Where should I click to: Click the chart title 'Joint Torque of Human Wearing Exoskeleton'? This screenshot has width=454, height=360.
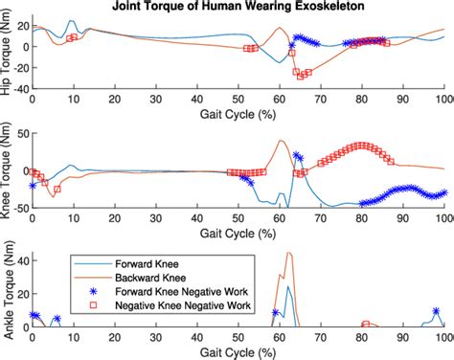pos(238,7)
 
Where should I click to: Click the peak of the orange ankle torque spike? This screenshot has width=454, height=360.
pos(290,253)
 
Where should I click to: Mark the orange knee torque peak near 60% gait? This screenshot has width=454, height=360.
pos(281,141)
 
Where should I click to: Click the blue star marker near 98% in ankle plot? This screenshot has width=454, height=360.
pos(436,311)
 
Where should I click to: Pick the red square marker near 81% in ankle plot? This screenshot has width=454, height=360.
pos(366,324)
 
